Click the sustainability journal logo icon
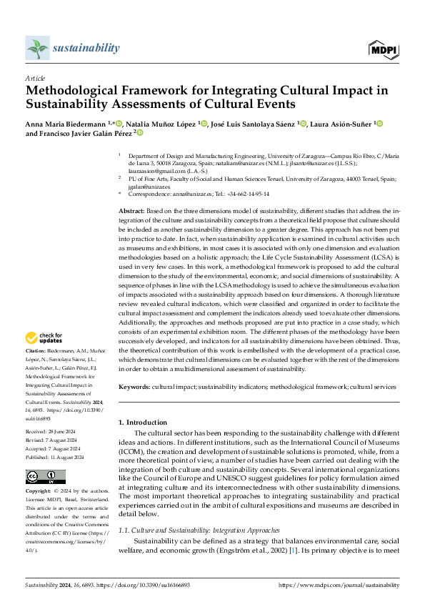coord(36,49)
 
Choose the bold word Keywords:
coord(134,386)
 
